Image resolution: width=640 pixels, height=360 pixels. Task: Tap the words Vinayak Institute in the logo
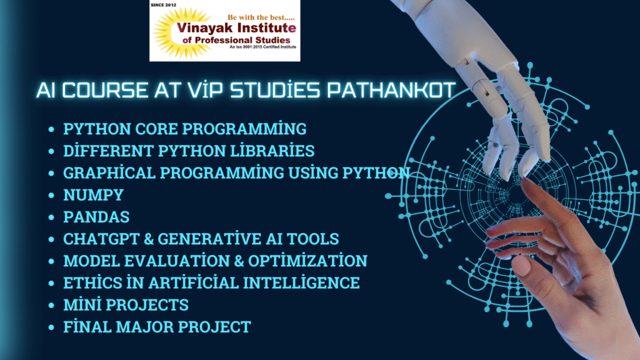(236, 28)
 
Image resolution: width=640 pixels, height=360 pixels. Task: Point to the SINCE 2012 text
(164, 5)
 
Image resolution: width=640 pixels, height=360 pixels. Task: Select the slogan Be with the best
(261, 17)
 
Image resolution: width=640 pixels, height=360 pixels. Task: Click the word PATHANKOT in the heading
(391, 90)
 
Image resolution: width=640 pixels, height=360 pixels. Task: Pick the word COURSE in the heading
(105, 90)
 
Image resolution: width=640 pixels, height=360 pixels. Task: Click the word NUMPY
(94, 195)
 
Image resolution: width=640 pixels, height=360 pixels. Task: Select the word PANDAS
(96, 217)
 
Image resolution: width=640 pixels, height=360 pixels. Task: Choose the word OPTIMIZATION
(307, 261)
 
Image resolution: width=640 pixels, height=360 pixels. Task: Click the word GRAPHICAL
(109, 172)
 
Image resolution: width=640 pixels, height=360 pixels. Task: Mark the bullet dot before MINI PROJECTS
(51, 305)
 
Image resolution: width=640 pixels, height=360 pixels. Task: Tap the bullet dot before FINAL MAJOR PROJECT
(51, 327)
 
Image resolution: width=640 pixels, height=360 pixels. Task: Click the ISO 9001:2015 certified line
(263, 47)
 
